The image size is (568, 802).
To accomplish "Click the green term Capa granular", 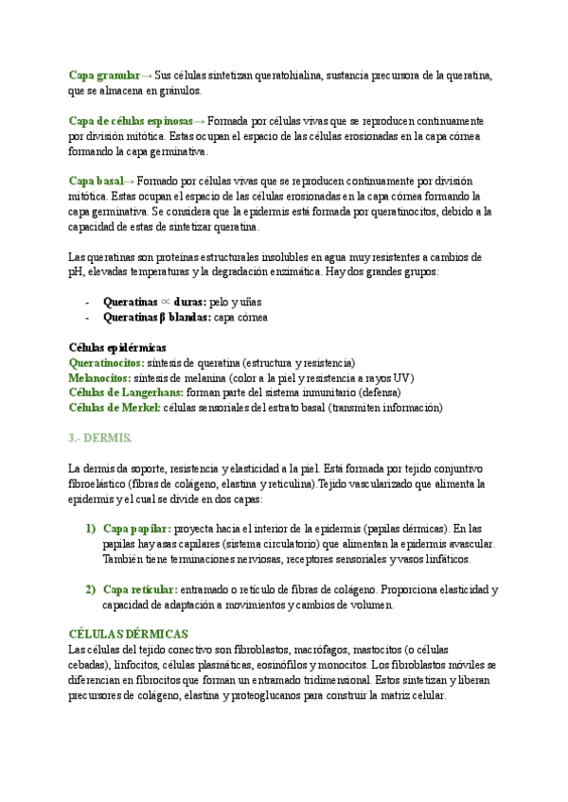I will point(104,75).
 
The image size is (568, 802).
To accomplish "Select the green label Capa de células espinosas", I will point(130,122).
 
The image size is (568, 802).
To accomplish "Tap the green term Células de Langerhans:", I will point(127,392).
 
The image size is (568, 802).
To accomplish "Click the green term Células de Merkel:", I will point(115,408).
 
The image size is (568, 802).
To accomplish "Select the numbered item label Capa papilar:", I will point(136,528).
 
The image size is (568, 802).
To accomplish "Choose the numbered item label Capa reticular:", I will point(140,589).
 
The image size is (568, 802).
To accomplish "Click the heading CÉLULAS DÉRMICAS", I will point(129,634).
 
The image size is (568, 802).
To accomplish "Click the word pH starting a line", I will point(77,271).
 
